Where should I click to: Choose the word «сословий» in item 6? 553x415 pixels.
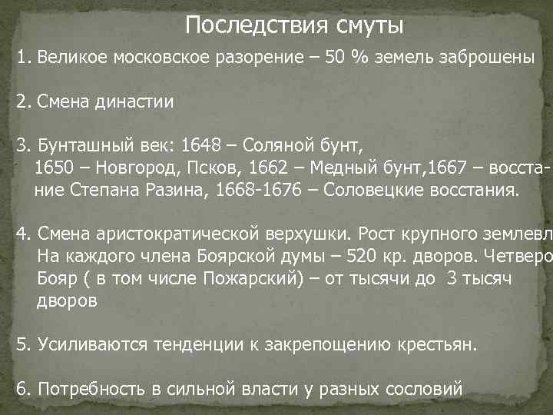click(424, 388)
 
